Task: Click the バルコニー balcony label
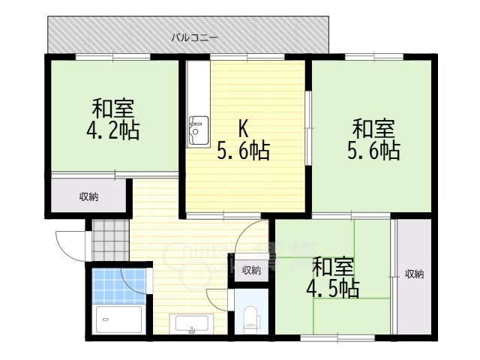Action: (194, 38)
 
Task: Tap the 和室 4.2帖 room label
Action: (113, 119)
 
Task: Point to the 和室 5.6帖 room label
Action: (373, 140)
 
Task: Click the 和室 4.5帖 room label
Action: (333, 278)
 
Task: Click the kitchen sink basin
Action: (199, 130)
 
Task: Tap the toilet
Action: (251, 319)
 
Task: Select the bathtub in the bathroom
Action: (118, 319)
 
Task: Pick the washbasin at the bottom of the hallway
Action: (192, 324)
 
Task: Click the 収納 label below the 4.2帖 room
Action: (88, 196)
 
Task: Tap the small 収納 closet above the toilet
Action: (252, 270)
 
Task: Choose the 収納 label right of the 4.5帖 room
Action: (415, 274)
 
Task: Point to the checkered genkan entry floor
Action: (110, 240)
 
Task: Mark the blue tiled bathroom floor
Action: (118, 286)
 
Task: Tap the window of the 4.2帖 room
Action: (113, 57)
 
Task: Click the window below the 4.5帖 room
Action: (337, 338)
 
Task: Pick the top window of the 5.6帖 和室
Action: (374, 57)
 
